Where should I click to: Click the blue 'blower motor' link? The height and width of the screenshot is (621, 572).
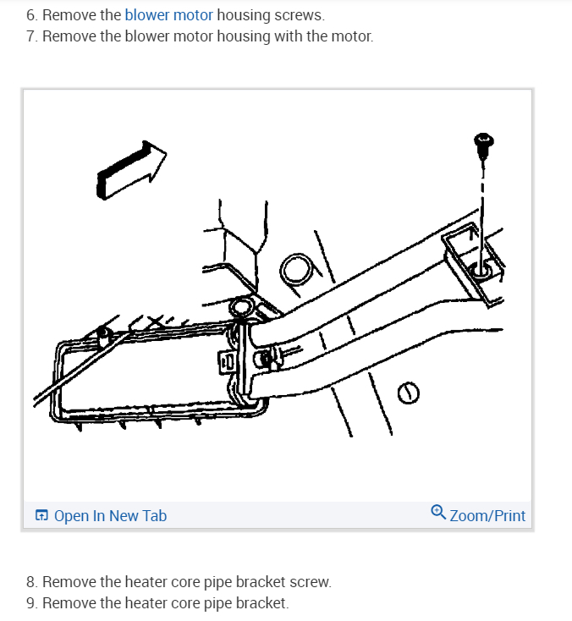[x=168, y=15]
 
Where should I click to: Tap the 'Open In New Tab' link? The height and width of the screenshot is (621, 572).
[x=110, y=515]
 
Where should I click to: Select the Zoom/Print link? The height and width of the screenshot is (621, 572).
[x=487, y=515]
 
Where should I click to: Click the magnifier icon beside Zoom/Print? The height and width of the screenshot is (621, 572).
[x=437, y=511]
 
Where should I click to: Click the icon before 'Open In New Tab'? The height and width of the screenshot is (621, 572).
[x=41, y=515]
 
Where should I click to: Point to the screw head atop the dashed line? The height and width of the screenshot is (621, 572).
[x=484, y=144]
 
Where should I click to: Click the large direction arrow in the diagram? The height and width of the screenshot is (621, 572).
[x=132, y=169]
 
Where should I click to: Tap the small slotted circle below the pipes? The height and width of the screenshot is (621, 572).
[x=408, y=392]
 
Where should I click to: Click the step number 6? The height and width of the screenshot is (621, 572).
[x=31, y=15]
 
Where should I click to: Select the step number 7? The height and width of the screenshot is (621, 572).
[x=31, y=36]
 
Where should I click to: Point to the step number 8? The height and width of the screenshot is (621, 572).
[x=31, y=582]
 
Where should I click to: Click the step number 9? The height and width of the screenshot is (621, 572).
[x=31, y=603]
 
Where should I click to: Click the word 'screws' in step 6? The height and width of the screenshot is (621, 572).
[x=298, y=15]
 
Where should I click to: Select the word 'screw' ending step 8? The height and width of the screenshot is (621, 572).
[x=310, y=582]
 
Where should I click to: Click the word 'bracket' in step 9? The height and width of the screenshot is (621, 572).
[x=262, y=603]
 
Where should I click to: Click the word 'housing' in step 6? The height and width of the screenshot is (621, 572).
[x=243, y=15]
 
